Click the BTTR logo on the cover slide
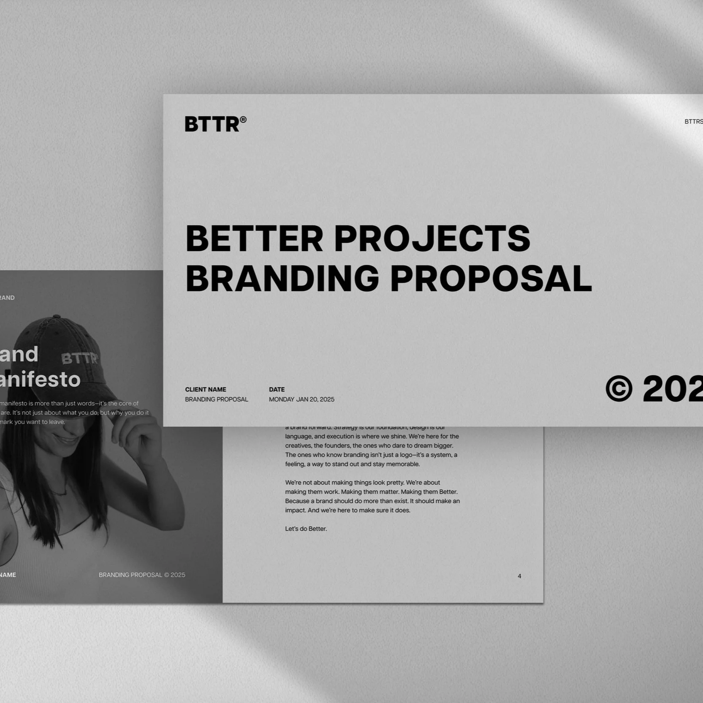(x=212, y=124)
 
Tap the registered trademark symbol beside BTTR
(x=243, y=120)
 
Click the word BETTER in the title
(x=254, y=239)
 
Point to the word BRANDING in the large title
(x=282, y=278)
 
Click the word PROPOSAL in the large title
(x=491, y=278)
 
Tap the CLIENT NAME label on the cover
(x=206, y=389)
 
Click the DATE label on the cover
(x=277, y=389)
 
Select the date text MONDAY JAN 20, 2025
(x=301, y=399)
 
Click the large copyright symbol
(x=619, y=388)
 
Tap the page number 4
(x=519, y=576)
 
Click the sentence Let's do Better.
(x=306, y=529)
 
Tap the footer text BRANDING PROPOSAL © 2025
(x=142, y=575)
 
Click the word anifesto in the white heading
(x=40, y=379)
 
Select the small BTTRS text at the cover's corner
(x=693, y=122)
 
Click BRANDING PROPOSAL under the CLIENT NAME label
(x=216, y=399)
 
